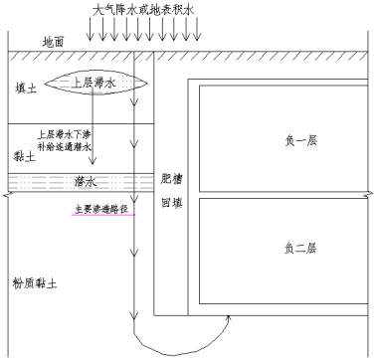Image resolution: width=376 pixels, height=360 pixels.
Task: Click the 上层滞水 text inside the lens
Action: [95, 84]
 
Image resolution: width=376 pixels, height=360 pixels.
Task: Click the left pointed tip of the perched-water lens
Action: [45, 84]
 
